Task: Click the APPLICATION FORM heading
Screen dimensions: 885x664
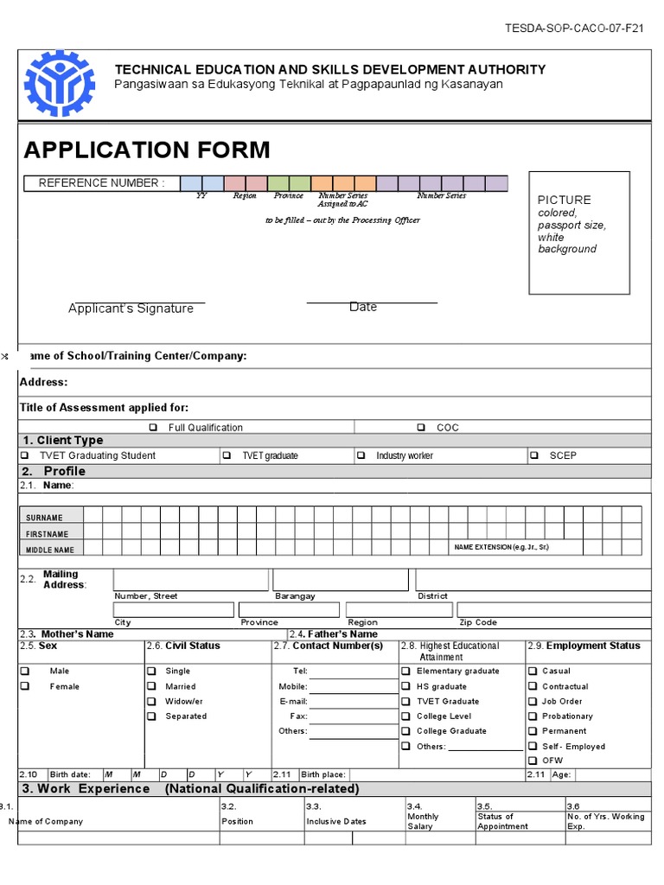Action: [147, 150]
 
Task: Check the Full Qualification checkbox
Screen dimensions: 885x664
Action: [153, 427]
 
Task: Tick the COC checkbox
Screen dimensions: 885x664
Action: [421, 427]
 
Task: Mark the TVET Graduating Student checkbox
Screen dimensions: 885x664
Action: [24, 455]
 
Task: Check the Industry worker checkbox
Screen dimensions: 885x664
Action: [361, 455]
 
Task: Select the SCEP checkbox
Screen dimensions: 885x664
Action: [533, 455]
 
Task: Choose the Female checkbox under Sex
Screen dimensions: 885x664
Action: [25, 686]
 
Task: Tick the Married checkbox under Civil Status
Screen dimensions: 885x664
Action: [151, 686]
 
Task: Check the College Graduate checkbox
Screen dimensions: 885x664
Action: [405, 730]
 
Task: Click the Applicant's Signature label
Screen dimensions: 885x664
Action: [131, 309]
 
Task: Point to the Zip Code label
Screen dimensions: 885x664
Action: [478, 622]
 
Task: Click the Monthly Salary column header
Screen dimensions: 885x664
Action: [423, 821]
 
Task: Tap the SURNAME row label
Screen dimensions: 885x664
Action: [44, 518]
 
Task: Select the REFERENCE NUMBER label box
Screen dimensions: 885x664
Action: [100, 183]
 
